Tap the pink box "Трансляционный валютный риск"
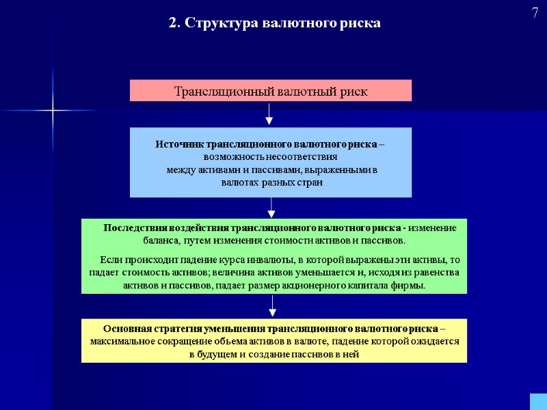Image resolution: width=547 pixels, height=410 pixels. tap(271, 91)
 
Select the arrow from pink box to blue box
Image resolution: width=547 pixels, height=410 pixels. tap(269, 114)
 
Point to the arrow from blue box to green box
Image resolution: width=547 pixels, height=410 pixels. tap(271, 208)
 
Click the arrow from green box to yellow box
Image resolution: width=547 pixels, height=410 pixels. tap(272, 306)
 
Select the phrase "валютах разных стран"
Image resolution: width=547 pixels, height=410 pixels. tap(271, 182)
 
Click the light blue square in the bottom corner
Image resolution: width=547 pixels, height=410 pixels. tap(538, 402)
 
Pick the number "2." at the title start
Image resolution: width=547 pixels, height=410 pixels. tap(174, 23)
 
